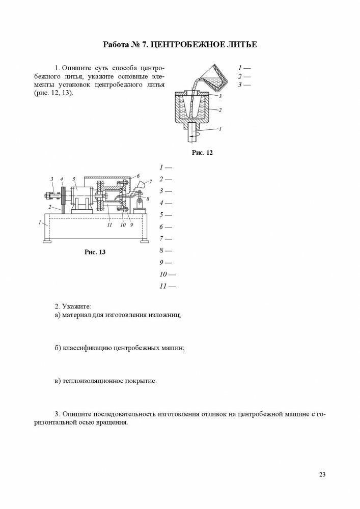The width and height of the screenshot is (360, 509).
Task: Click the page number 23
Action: [322, 474]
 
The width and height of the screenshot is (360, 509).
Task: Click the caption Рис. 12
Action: [202, 152]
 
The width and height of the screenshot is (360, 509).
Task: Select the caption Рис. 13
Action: [95, 251]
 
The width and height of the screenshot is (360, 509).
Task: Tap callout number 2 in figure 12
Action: [220, 109]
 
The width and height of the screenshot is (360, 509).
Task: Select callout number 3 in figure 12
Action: [220, 96]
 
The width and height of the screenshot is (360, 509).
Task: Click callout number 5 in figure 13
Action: [74, 179]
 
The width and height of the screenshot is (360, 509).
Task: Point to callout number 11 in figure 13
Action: [109, 224]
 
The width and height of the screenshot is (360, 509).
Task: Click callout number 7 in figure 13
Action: [150, 181]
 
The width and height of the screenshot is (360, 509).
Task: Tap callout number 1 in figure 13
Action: [40, 222]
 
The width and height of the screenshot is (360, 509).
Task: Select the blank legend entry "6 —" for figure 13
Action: [165, 227]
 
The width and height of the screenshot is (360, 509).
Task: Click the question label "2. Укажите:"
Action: [73, 306]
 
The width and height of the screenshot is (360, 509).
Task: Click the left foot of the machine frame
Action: [47, 241]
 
